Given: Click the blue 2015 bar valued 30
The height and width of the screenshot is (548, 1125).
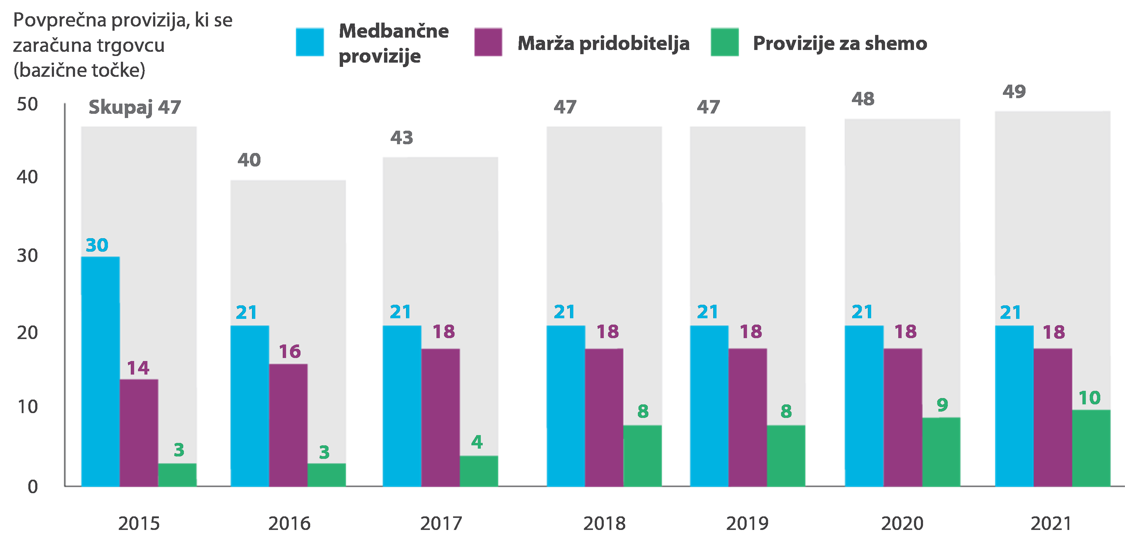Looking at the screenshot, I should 100,371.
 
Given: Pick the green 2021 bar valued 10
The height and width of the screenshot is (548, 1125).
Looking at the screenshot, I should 1091,448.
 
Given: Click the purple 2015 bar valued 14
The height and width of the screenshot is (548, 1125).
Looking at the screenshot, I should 139,432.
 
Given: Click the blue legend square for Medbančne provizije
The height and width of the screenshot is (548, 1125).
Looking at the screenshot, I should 310,42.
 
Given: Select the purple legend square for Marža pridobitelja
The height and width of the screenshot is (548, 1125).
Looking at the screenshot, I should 488,42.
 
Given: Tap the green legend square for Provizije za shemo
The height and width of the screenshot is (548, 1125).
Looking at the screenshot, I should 724,42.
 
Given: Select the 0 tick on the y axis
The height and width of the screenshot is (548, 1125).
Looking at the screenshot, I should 33,487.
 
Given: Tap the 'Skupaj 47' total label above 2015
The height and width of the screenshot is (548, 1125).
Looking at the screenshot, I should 134,107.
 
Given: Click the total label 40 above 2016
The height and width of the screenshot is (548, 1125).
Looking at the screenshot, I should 249,160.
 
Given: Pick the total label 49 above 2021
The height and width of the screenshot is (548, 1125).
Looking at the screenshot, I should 1014,92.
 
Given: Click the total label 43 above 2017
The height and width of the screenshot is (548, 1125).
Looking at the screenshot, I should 401,138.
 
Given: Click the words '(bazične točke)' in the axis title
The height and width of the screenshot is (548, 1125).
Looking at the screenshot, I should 79,70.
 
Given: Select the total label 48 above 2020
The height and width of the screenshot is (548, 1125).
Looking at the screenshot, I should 863,99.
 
